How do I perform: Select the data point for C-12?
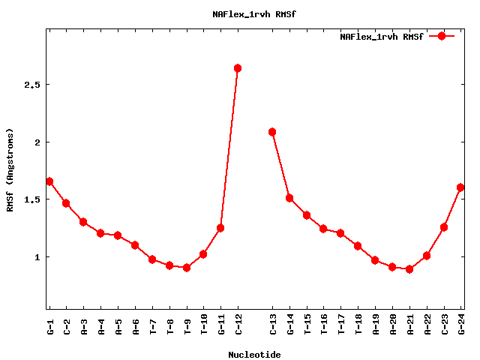tap(238, 68)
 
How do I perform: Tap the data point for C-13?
tap(272, 132)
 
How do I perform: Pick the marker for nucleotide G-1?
tap(49, 181)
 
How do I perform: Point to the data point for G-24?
tap(460, 187)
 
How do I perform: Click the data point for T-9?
tap(187, 268)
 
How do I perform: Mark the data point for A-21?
tap(409, 269)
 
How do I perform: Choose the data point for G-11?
tap(220, 228)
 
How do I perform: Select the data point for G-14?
tap(289, 198)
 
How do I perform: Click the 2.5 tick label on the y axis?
tap(31, 85)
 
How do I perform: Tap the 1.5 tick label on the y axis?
tap(31, 199)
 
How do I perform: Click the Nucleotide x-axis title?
tap(254, 355)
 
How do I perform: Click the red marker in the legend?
tap(442, 36)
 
